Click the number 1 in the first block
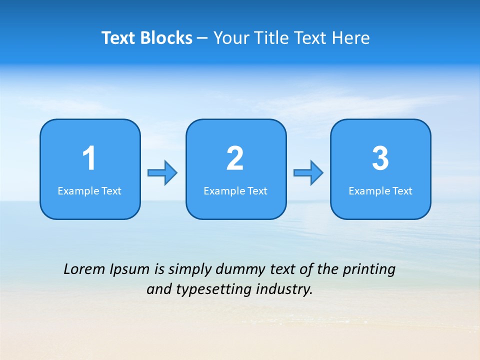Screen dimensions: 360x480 pos(89,158)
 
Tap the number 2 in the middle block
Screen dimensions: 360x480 pos(235,158)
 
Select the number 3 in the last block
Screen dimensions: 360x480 pos(380,158)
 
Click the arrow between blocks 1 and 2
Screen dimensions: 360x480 pos(162,173)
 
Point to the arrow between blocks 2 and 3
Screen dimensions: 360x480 pos(308,173)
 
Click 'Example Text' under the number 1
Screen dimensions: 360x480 pos(89,190)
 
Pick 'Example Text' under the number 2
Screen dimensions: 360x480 pos(235,190)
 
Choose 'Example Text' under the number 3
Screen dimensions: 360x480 pos(380,190)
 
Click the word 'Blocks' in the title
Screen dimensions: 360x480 pos(166,38)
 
